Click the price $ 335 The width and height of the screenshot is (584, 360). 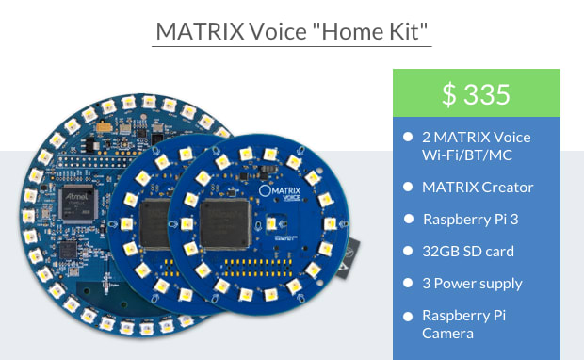[x=476, y=94]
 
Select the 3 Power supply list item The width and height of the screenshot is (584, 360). [x=472, y=283]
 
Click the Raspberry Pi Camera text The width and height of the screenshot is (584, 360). [x=463, y=323]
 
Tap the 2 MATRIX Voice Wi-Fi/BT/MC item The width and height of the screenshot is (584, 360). [x=476, y=145]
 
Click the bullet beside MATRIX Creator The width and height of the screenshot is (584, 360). [x=408, y=186]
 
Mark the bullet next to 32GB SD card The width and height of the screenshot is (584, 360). [x=408, y=251]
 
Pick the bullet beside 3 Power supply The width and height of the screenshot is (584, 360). [x=408, y=283]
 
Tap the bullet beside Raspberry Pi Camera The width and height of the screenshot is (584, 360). [x=408, y=316]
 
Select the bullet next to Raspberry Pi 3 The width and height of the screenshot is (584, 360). [x=408, y=219]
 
